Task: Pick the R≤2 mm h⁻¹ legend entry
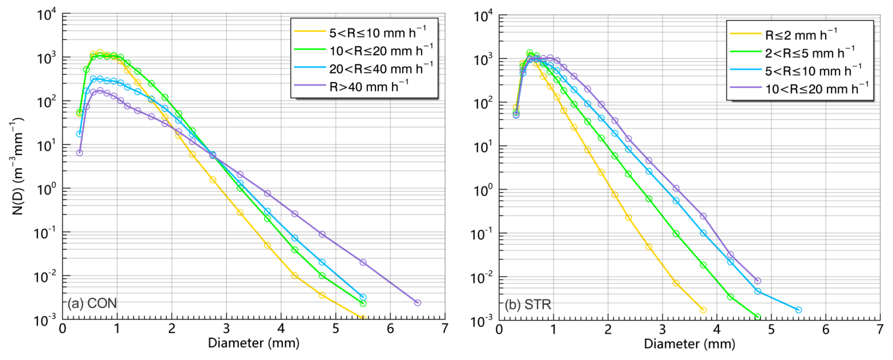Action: click(x=801, y=35)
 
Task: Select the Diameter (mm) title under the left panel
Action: click(x=253, y=343)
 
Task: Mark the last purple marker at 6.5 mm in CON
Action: click(x=417, y=303)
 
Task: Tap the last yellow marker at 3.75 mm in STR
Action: click(x=703, y=310)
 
